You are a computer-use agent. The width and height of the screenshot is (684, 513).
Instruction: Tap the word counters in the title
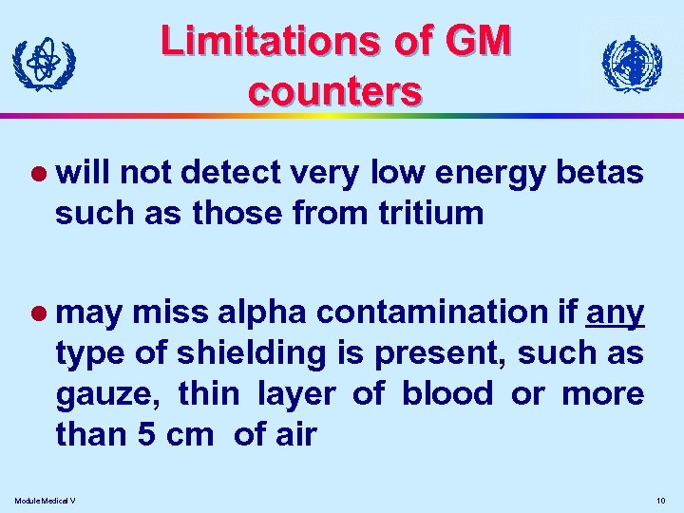coord(333,91)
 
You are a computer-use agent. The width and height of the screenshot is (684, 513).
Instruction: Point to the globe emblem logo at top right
coord(632,64)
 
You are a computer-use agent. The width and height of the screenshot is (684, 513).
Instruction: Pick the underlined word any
coord(617,311)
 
